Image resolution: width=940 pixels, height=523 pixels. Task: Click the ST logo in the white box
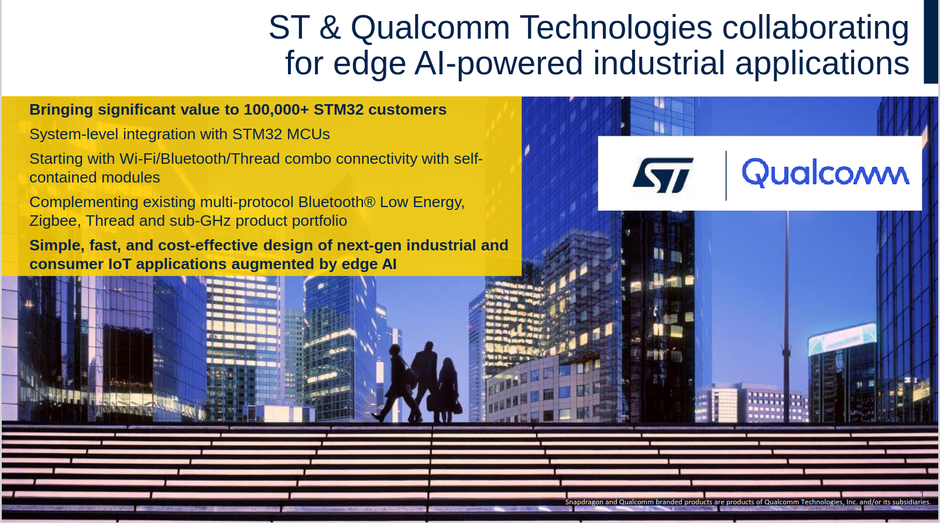pos(663,175)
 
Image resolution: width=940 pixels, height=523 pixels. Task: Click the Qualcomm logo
pos(825,173)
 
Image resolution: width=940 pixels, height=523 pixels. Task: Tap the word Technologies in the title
pos(616,27)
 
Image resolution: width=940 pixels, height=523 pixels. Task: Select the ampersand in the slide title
pos(330,27)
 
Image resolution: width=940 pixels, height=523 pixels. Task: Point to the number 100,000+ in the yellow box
pos(276,109)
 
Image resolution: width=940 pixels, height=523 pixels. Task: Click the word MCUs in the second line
pos(308,134)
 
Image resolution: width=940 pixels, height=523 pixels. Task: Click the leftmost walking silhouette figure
pos(395,383)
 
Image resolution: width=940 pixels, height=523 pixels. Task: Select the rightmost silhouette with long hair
pos(448,390)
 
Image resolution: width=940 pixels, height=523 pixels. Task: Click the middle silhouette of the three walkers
pos(426,380)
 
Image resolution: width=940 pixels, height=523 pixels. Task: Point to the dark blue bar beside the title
pos(930,42)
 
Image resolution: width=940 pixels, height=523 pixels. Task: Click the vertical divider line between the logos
pos(726,176)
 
